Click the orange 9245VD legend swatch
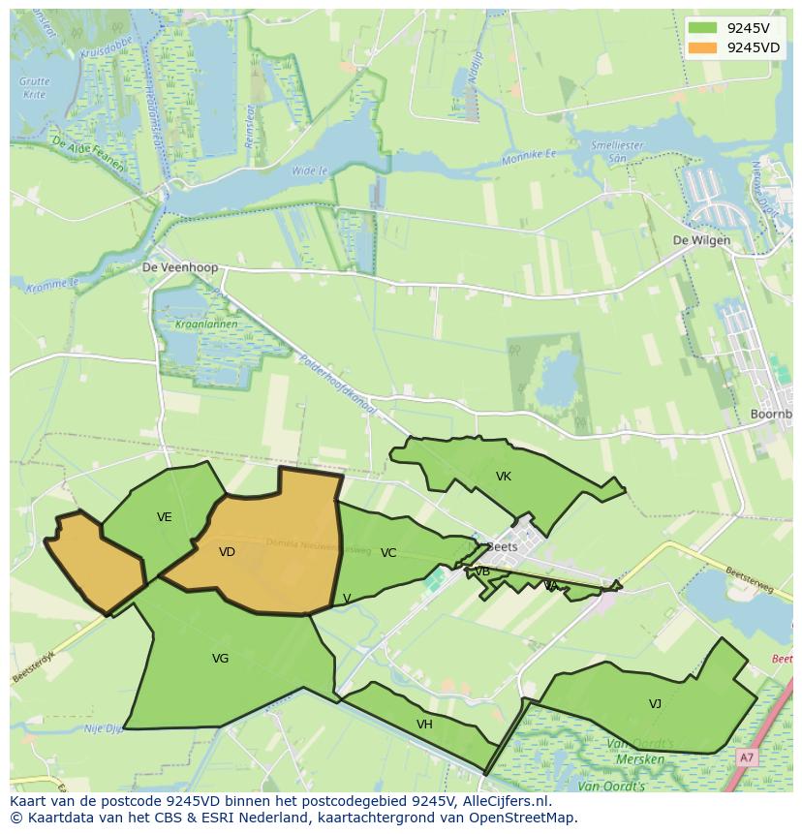tap(704, 47)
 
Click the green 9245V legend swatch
tap(704, 27)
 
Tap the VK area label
tap(503, 477)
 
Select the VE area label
tap(165, 517)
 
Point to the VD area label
tap(227, 552)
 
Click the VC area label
tap(388, 553)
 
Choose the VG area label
tap(220, 659)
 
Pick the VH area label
tap(424, 725)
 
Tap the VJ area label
tap(655, 704)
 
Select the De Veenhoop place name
tap(180, 267)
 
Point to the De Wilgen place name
tap(701, 240)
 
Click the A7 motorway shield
tap(746, 757)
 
